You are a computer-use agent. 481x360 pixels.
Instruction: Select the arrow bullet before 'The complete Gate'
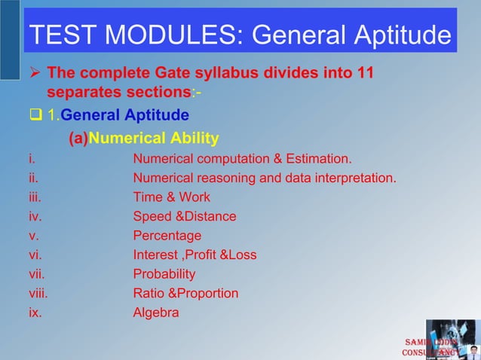pos(34,75)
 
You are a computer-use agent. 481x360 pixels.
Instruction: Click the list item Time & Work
pos(171,197)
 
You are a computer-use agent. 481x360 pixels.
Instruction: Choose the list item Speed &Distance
pos(184,217)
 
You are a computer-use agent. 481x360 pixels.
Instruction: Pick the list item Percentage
pos(167,236)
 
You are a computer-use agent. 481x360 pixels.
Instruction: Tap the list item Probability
pos(164,274)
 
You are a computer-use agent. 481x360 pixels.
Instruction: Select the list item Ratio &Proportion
pos(185,293)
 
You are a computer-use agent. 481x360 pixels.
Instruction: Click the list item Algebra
pos(156,313)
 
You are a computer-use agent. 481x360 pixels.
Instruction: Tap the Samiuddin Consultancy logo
pos(441,340)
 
